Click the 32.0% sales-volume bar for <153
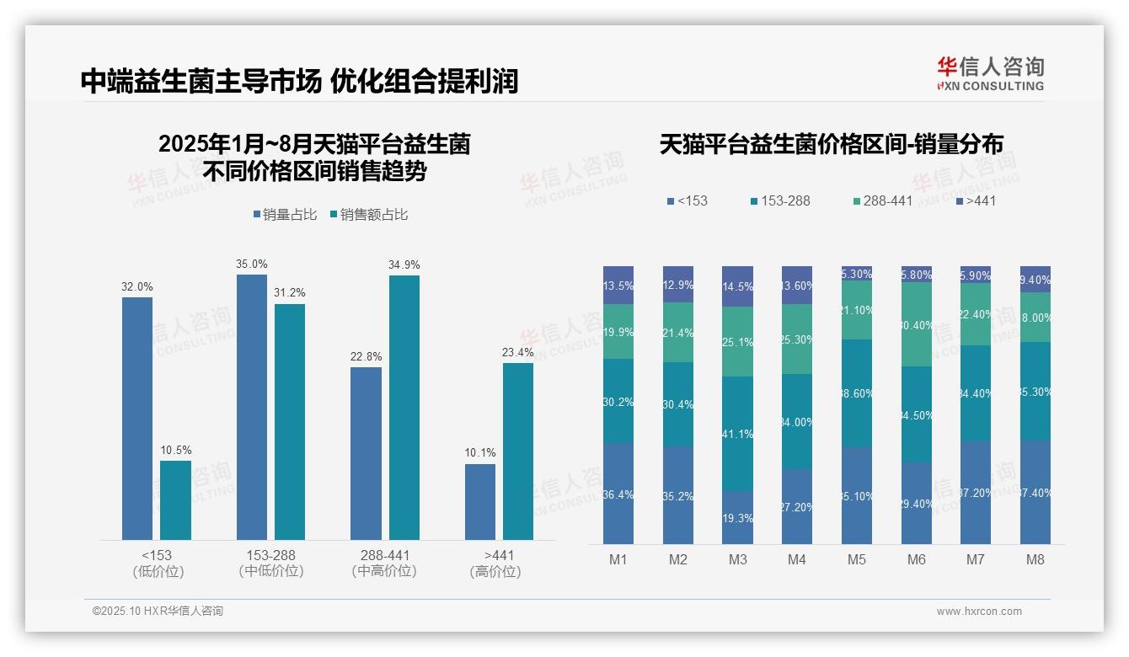point(137,418)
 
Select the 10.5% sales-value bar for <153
point(175,499)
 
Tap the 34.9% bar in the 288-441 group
point(404,407)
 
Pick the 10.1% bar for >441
point(480,501)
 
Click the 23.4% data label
point(518,352)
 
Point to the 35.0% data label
point(252,264)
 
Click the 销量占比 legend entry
point(285,215)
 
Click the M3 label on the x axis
point(737,559)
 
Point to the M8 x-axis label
point(1035,559)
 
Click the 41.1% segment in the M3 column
point(737,434)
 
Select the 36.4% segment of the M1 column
point(618,494)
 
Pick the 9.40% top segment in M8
point(1035,279)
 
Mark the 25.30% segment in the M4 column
point(797,339)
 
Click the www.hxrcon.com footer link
point(978,612)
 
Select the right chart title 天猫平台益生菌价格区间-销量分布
point(831,145)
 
